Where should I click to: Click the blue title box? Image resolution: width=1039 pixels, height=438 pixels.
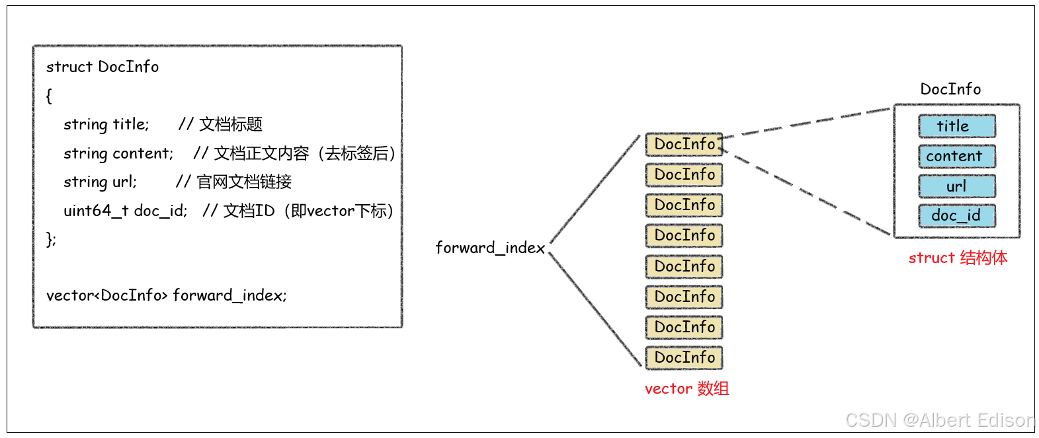[956, 126]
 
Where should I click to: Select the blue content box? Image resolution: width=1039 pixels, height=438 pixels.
[956, 157]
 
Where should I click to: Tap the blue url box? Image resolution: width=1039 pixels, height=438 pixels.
[956, 186]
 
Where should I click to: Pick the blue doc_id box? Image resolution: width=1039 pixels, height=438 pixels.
[956, 216]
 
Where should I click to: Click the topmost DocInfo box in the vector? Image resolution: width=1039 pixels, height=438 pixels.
[684, 145]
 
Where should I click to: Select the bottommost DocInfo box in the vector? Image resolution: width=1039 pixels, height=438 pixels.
[684, 358]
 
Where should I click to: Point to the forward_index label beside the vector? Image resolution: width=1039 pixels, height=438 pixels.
[490, 248]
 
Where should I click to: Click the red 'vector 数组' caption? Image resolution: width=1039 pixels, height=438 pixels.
[686, 388]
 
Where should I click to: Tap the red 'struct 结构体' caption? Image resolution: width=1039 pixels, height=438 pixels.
[957, 258]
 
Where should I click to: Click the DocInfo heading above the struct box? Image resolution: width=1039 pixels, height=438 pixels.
[950, 89]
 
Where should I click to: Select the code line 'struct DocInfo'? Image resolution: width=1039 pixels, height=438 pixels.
[103, 67]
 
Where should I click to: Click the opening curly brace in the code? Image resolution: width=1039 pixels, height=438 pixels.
[49, 96]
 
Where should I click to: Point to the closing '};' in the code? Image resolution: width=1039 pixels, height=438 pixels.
[51, 239]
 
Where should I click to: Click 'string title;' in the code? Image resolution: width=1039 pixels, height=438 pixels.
[106, 124]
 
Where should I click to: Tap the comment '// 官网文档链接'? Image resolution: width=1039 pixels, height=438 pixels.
[233, 182]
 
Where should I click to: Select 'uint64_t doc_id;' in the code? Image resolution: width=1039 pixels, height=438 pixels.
[126, 211]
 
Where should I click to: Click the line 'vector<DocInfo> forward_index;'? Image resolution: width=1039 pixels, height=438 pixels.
[166, 295]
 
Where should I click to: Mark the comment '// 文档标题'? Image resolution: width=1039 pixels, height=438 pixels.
[220, 124]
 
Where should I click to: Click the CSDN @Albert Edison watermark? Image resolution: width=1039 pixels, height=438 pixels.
[939, 420]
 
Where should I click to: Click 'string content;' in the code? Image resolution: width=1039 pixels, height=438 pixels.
[118, 153]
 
